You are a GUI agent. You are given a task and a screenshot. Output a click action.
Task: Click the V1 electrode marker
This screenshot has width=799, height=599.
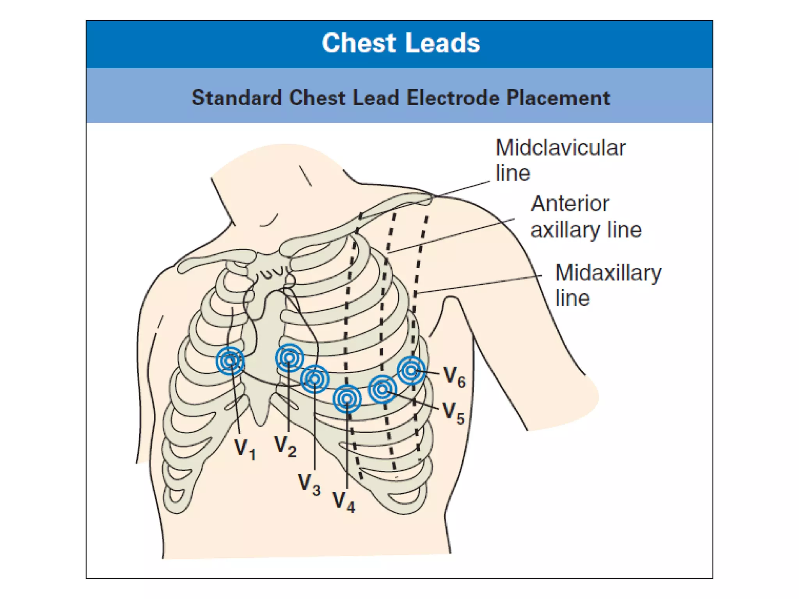(x=230, y=361)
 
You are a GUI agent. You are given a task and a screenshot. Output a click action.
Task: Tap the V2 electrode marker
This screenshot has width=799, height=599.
(x=289, y=357)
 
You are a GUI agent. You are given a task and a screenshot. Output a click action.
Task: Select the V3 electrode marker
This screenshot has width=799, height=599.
(x=314, y=379)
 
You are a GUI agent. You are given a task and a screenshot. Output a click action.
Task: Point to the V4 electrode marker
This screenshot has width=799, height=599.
(x=347, y=399)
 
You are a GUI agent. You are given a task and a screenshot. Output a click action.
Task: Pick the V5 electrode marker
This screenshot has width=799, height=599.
(x=382, y=389)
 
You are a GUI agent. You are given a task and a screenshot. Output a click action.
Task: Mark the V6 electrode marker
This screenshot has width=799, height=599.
(x=411, y=370)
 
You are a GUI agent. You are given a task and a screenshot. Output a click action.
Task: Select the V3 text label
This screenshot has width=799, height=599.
(x=309, y=484)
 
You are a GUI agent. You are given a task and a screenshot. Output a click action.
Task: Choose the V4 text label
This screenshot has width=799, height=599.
(x=343, y=502)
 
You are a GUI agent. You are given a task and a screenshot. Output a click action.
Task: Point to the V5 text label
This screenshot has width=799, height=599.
(x=454, y=413)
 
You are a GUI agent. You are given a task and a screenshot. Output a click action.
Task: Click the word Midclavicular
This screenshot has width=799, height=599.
(x=560, y=148)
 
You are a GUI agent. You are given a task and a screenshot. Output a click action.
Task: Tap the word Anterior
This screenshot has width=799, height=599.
(x=570, y=204)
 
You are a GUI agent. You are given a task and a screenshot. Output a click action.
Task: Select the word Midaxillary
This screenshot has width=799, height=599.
(x=608, y=273)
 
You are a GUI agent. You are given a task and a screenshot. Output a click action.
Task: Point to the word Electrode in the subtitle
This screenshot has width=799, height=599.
(x=453, y=97)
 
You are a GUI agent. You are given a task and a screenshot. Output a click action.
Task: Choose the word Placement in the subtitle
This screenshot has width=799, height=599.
(x=558, y=97)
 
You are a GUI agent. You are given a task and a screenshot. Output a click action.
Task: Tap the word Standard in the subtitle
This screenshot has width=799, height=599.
(x=236, y=97)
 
